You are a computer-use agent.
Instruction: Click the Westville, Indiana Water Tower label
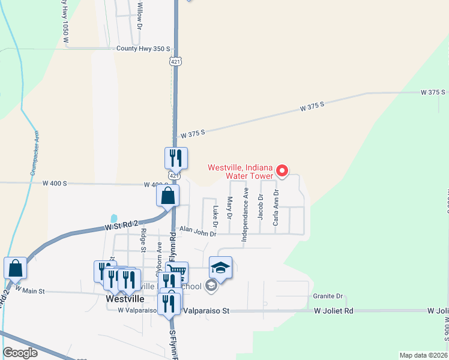pyautogui.click(x=240, y=172)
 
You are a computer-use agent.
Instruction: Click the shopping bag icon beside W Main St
pyautogui.click(x=15, y=268)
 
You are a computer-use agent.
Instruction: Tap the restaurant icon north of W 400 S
pyautogui.click(x=176, y=158)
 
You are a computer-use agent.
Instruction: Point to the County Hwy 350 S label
pyautogui.click(x=143, y=49)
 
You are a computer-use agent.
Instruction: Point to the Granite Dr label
pyautogui.click(x=328, y=296)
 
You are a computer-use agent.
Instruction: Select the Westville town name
pyautogui.click(x=125, y=298)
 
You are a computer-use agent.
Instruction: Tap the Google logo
pyautogui.click(x=20, y=353)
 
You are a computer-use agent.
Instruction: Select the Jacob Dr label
pyautogui.click(x=261, y=206)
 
